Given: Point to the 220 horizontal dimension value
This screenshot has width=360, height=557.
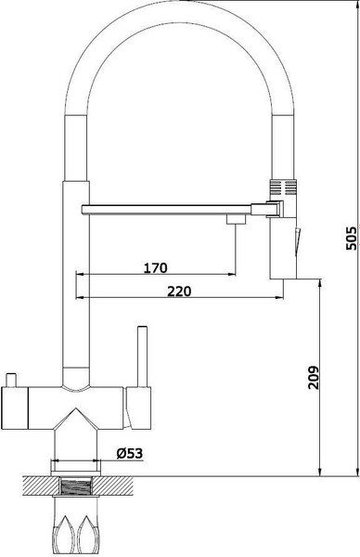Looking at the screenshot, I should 179,291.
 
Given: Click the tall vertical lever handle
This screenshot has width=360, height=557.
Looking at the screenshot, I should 144,357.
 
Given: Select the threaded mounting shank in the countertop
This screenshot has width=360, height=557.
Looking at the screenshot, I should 76,486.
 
